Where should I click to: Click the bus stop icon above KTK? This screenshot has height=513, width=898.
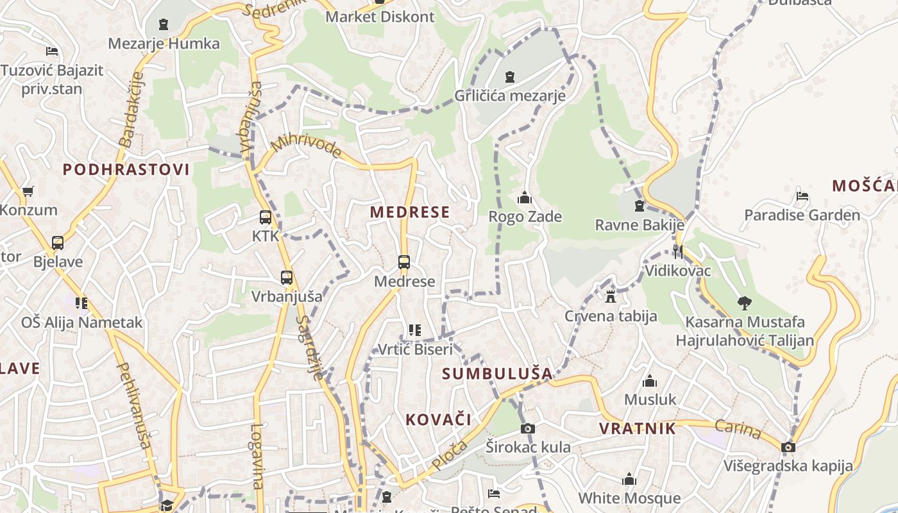tap(266, 217)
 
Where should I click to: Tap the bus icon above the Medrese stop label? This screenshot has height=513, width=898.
tap(403, 262)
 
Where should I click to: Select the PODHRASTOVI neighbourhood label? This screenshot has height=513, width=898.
tap(126, 170)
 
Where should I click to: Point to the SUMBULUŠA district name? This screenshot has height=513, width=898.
tap(497, 373)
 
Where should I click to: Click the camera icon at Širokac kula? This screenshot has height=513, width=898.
tap(527, 428)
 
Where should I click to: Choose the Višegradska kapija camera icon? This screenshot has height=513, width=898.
tap(788, 447)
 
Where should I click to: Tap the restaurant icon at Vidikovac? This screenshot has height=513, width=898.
tap(677, 251)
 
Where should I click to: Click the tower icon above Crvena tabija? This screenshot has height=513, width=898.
tap(610, 297)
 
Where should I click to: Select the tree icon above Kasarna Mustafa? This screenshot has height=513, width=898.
tap(744, 303)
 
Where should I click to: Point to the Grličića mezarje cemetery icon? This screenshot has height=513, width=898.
tap(510, 77)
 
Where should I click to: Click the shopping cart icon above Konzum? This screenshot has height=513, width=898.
tap(28, 191)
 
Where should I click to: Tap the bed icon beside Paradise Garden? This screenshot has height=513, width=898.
tap(802, 196)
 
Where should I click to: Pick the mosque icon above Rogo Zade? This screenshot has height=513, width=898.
tap(525, 198)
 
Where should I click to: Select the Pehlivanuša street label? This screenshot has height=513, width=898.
tap(134, 404)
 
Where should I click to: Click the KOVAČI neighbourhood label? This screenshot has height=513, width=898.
tap(438, 420)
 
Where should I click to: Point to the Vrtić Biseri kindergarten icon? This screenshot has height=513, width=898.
tap(414, 330)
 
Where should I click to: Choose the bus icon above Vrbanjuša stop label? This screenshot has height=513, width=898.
tap(287, 278)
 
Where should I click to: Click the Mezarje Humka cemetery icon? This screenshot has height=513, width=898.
tap(164, 25)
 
